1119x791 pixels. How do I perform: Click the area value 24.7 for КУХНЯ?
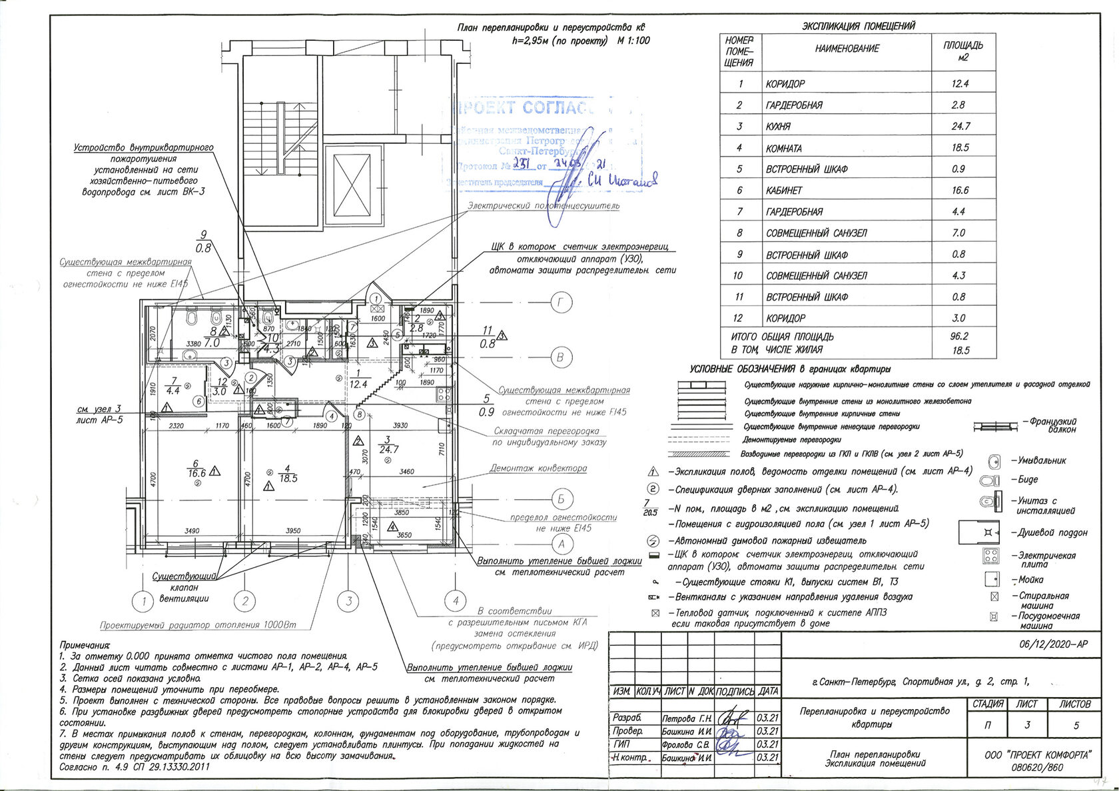[961, 126]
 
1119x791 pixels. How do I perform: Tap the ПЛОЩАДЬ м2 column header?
[962, 51]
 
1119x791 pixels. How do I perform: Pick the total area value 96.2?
[959, 337]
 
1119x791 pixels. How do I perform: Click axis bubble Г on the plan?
[561, 303]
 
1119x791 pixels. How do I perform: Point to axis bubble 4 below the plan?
[456, 601]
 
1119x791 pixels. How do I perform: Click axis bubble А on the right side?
[561, 543]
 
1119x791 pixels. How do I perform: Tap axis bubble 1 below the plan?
[144, 602]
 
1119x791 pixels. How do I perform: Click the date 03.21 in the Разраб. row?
[768, 718]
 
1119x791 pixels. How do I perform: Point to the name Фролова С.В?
[687, 744]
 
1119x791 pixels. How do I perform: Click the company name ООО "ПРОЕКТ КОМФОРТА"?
[1037, 754]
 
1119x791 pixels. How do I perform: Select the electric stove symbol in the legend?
[992, 555]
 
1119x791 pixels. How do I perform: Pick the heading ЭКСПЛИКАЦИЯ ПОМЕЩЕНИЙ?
[858, 26]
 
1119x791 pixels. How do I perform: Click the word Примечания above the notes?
[85, 645]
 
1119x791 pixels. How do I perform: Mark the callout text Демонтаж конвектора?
[538, 468]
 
